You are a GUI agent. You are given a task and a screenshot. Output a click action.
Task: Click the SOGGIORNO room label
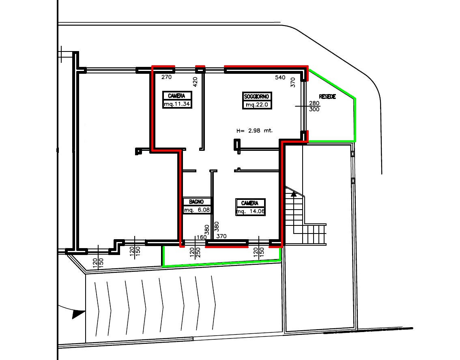(x=257, y=96)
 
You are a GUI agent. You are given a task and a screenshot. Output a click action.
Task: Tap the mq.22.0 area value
(x=257, y=105)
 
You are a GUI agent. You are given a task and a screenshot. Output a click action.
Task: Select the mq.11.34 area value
(x=177, y=104)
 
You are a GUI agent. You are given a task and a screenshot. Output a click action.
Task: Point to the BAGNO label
(x=196, y=201)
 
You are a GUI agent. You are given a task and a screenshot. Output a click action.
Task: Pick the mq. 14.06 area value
(x=250, y=212)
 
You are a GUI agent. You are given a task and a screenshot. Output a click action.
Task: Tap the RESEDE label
(x=327, y=97)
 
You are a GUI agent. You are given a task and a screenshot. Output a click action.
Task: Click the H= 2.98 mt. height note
(x=254, y=131)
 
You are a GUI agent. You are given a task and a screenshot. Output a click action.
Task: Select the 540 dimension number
(x=280, y=77)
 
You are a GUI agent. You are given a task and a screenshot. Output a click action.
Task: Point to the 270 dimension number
(x=167, y=77)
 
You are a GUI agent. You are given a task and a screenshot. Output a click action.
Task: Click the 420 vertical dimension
(x=195, y=82)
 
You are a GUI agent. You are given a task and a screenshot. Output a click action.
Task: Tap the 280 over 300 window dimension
(x=314, y=106)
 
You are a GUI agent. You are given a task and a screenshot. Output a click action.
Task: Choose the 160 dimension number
(x=202, y=237)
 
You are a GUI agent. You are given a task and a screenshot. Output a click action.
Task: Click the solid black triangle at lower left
(x=78, y=314)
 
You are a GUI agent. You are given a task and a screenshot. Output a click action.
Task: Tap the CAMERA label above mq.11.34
(x=176, y=96)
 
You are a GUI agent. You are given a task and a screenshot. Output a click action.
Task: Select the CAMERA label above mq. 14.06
(x=250, y=203)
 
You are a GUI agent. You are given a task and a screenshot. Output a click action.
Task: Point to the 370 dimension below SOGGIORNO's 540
(x=292, y=83)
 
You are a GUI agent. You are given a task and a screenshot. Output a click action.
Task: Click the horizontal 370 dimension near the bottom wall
(x=221, y=236)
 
